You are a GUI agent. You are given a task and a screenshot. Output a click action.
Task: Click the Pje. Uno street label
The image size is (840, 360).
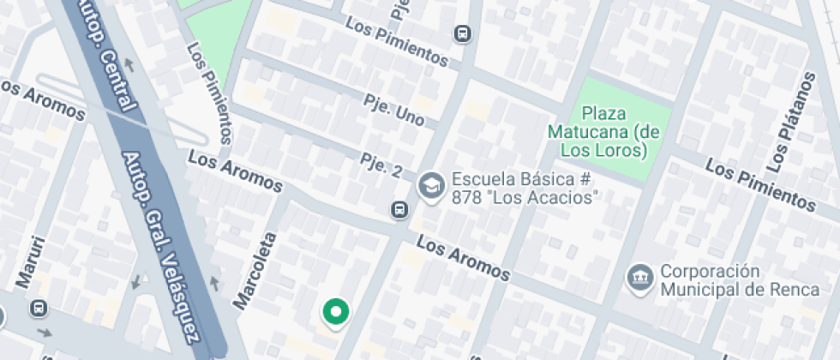click(x=393, y=111)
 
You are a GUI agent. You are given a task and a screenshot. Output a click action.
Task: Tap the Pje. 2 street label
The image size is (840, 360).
click(x=381, y=165)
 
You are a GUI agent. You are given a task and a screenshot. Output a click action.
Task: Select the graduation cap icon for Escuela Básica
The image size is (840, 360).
click(x=429, y=184)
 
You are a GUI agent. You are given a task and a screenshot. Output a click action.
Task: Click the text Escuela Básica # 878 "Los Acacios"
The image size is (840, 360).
click(x=524, y=189)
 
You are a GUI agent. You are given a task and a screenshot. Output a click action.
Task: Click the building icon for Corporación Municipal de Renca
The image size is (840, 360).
click(x=639, y=278)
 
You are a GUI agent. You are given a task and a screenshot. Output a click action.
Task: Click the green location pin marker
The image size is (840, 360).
click(x=336, y=313)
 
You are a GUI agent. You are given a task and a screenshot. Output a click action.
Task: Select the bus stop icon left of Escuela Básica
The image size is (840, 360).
click(x=399, y=210)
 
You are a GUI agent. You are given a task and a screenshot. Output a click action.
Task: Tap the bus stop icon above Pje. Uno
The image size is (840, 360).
click(x=463, y=33)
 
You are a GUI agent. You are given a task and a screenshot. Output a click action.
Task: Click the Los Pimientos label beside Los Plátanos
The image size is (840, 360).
click(x=759, y=183)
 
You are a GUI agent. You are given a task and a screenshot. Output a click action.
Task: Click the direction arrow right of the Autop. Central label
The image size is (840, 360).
click(x=130, y=65)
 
